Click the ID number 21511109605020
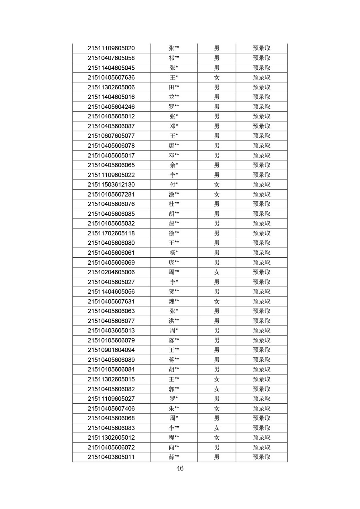[111, 48]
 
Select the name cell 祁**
[174, 58]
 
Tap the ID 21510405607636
[111, 78]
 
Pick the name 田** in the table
[174, 87]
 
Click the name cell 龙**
[174, 97]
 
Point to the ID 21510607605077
[111, 136]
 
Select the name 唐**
[174, 146]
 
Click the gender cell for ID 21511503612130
[216, 185]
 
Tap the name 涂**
[174, 194]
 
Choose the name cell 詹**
[174, 223]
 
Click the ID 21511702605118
[111, 233]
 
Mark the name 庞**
[174, 262]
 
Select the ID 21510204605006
[111, 272]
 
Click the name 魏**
[174, 301]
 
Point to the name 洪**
[174, 321]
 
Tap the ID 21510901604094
[111, 350]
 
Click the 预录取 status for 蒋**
[261, 360]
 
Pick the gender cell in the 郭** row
[216, 389]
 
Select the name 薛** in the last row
[174, 457]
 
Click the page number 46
[180, 468]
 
